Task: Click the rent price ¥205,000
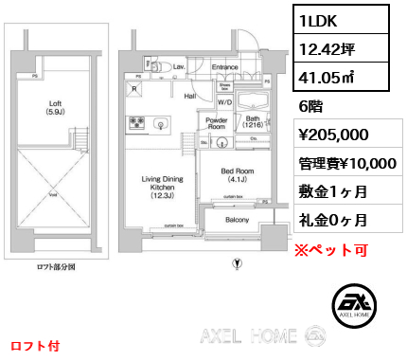click(x=334, y=135)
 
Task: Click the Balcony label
click(x=238, y=221)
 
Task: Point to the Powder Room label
click(x=216, y=124)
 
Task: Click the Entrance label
click(x=224, y=67)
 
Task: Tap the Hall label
click(x=189, y=96)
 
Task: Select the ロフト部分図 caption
click(x=54, y=267)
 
